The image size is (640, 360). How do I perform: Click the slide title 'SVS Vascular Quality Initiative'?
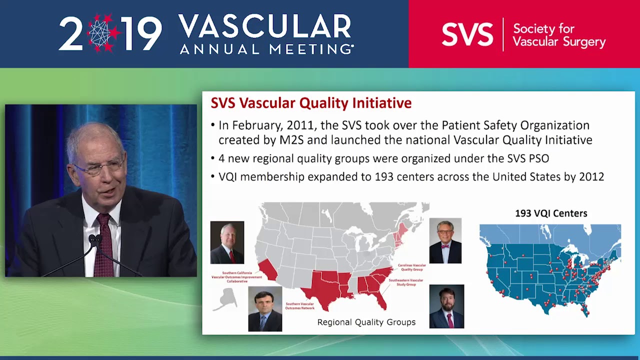[x=311, y=103]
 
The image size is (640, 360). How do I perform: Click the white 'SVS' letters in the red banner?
[x=467, y=34]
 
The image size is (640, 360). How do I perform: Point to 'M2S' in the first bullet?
[x=291, y=140]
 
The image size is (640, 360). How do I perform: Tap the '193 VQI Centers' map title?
[x=551, y=213]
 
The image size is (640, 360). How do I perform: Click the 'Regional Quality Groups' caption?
[x=366, y=322]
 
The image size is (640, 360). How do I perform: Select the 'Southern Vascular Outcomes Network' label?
[x=299, y=305]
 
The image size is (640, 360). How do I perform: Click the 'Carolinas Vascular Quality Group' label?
[x=411, y=267]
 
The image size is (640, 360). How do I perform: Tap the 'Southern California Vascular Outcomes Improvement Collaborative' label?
[x=236, y=277]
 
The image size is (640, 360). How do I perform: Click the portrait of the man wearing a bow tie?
[x=445, y=240]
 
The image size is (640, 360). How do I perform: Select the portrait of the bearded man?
[x=446, y=306]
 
